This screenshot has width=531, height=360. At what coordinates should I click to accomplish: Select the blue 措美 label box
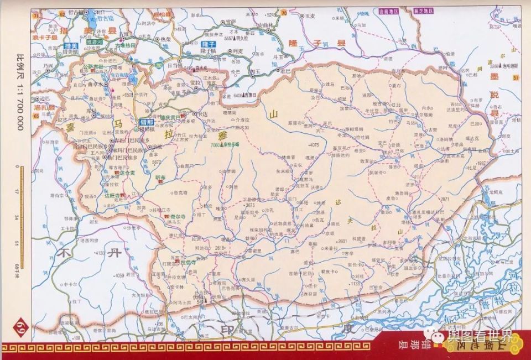(x=70, y=46)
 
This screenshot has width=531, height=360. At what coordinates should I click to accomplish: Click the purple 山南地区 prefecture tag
(x=388, y=10)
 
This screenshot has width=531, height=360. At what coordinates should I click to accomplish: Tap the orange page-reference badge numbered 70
(x=284, y=13)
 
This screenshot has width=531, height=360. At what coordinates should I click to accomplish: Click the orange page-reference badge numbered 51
(x=516, y=79)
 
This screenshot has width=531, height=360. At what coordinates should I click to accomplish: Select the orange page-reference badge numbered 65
(x=37, y=116)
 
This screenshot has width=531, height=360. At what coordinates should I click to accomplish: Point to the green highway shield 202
(x=159, y=66)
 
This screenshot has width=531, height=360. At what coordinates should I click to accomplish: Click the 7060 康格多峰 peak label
(x=225, y=144)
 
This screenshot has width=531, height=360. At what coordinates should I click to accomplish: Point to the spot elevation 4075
(x=314, y=145)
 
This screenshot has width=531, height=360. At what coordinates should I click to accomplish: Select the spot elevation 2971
(x=445, y=199)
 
